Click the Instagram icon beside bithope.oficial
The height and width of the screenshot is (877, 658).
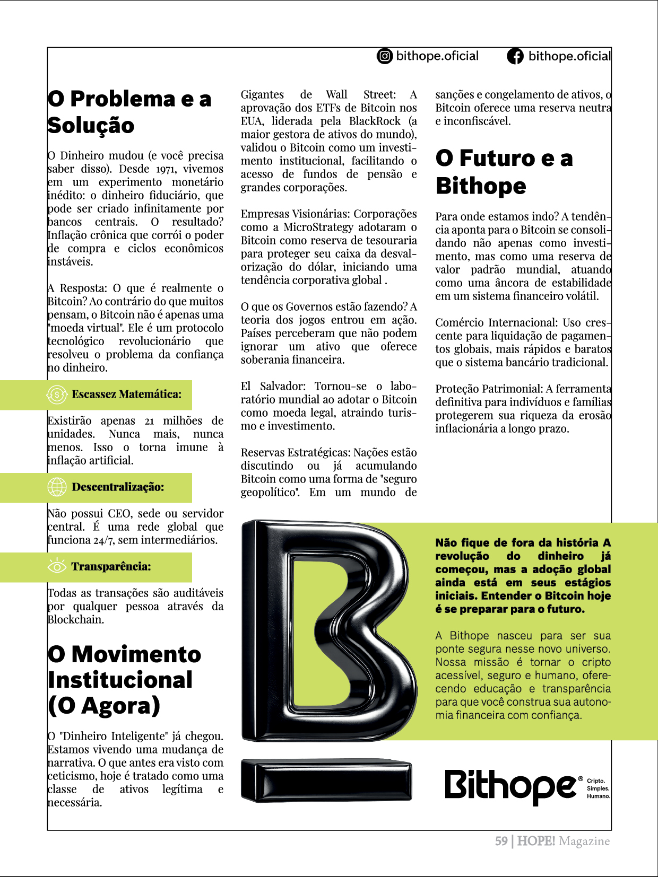tap(385, 56)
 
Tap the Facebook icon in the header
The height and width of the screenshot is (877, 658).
tap(515, 56)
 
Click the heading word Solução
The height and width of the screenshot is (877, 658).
tap(91, 126)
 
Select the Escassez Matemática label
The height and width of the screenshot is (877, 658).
tap(126, 394)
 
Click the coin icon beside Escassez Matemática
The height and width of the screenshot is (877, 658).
tap(57, 394)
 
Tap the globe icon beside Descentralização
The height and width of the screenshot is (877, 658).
tap(57, 487)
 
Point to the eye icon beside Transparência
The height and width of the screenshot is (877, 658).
tap(57, 566)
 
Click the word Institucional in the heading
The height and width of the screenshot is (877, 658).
tap(120, 680)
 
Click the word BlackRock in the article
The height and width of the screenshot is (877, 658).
tap(375, 121)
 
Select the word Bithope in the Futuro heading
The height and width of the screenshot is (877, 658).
tap(481, 186)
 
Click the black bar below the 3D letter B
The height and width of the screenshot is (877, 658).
tap(326, 779)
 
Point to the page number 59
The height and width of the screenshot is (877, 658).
tap(501, 841)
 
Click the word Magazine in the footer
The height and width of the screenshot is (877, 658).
tap(584, 841)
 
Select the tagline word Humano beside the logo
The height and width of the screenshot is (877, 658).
tap(598, 796)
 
